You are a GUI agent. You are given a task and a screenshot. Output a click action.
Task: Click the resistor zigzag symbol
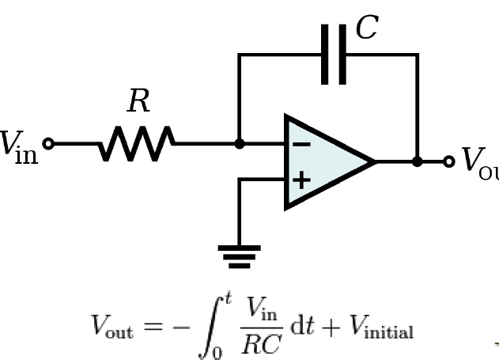[x=136, y=144]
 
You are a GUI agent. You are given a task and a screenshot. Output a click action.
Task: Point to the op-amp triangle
[x=328, y=162]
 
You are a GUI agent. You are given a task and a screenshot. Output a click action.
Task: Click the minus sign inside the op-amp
[x=301, y=145]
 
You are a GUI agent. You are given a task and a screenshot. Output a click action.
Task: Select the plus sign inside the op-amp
[x=301, y=180]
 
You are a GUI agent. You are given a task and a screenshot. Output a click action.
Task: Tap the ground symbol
[x=240, y=255]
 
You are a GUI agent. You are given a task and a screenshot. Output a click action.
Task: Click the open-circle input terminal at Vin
[x=48, y=144]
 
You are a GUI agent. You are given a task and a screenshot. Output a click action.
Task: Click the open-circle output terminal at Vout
[x=448, y=161]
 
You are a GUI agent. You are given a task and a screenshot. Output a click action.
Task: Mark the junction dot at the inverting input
[x=240, y=144]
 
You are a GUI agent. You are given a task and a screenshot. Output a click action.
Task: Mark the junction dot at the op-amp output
[x=417, y=161]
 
